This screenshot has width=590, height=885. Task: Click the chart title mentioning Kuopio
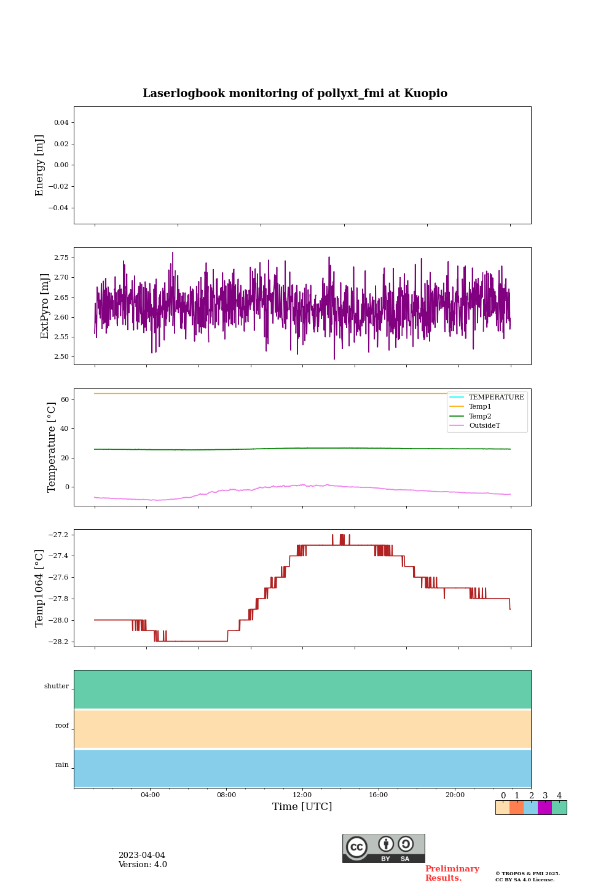[x=295, y=93]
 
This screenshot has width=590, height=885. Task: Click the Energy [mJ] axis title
[x=40, y=165]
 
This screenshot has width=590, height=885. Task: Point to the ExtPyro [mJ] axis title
[x=45, y=306]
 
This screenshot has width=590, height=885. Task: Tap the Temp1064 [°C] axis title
[x=40, y=588]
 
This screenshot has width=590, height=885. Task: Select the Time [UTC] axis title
[x=302, y=806]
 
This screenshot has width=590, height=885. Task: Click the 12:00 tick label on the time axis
[x=302, y=795]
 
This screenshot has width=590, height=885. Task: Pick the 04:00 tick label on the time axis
[x=150, y=795]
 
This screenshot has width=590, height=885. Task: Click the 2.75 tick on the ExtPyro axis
[x=61, y=258]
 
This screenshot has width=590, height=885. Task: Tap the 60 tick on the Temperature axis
[x=65, y=399]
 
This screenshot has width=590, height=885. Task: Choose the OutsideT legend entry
[x=484, y=425]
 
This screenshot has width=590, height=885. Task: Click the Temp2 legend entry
[x=480, y=416]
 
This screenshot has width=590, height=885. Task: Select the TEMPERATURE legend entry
[x=496, y=397]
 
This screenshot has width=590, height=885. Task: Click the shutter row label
[x=57, y=686]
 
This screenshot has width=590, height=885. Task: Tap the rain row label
[x=62, y=765]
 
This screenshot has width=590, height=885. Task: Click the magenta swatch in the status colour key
[x=545, y=808]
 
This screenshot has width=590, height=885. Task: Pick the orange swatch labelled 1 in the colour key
[x=516, y=808]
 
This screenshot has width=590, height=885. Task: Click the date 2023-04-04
[x=142, y=855]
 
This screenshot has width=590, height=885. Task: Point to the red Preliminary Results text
[x=452, y=873]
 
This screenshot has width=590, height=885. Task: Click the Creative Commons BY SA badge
[x=383, y=848]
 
